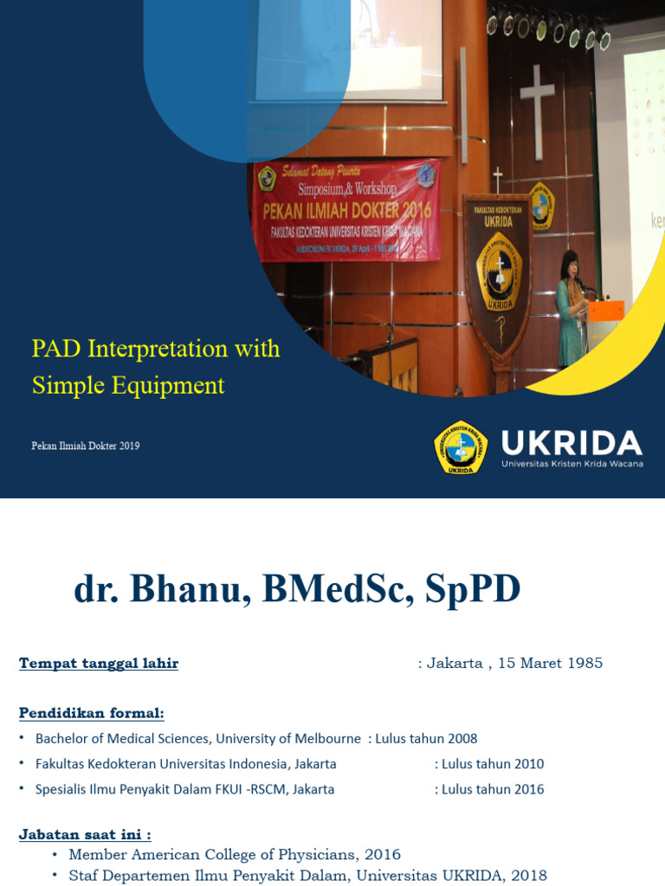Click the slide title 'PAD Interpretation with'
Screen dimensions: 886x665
[x=156, y=349]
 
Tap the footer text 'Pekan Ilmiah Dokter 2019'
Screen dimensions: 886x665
[x=86, y=446]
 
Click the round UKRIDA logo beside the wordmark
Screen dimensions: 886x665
[x=460, y=446]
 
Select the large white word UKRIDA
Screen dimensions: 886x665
[x=571, y=442]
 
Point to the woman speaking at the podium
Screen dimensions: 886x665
[x=570, y=307]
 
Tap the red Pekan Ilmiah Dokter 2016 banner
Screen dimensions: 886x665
[x=346, y=210]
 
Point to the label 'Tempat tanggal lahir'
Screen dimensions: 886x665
[x=99, y=664]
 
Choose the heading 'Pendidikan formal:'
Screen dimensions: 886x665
[x=91, y=713]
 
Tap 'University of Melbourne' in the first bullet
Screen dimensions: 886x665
[x=288, y=739]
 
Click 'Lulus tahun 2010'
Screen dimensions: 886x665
[x=493, y=764]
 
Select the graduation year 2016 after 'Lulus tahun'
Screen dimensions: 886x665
[x=528, y=789]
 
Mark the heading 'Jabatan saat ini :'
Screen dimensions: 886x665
[x=85, y=835]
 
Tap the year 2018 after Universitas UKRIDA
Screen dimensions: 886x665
[x=529, y=876]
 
